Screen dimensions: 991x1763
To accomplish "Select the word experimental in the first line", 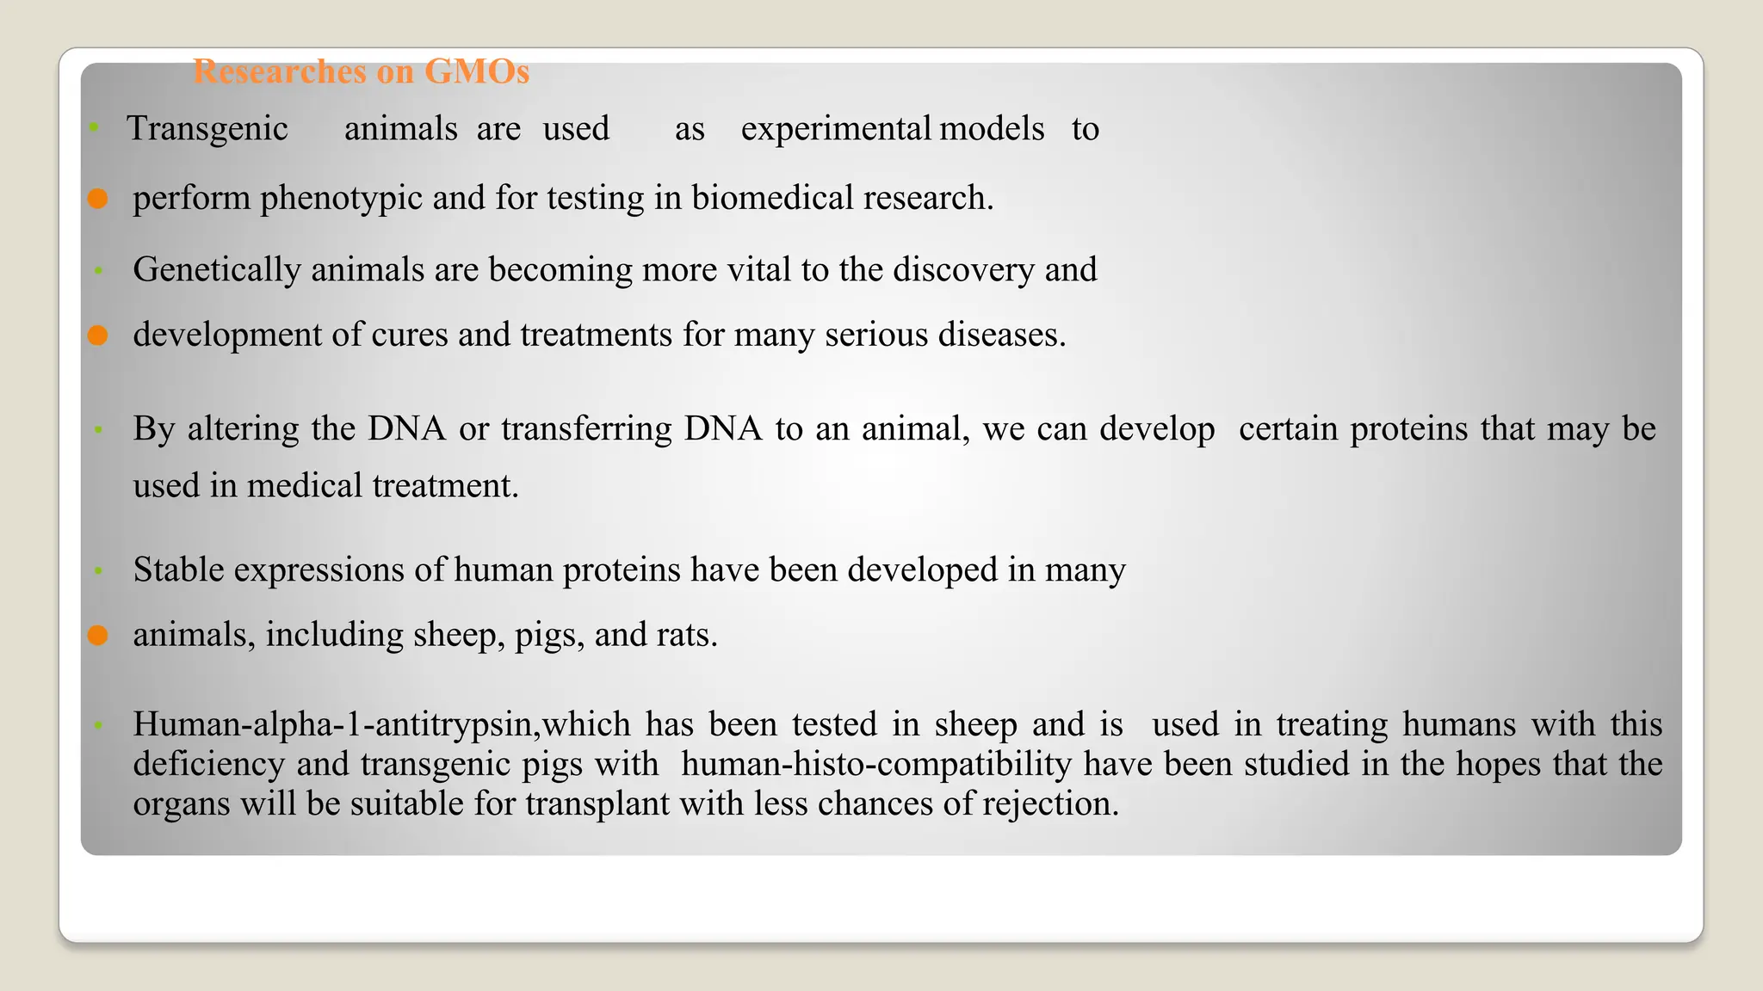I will coord(835,129).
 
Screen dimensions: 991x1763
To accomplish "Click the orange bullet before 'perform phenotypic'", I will coord(98,199).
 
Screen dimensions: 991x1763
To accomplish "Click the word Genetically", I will coord(217,270).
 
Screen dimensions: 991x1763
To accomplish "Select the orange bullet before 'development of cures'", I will coord(98,335).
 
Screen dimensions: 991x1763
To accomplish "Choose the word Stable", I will coord(178,569).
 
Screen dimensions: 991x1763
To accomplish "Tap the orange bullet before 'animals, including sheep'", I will coord(98,636).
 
